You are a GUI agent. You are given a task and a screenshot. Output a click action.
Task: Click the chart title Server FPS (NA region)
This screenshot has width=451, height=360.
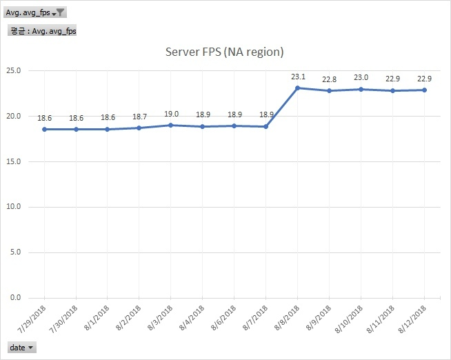[x=225, y=52]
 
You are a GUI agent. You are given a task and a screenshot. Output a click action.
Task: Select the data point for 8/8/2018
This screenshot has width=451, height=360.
[x=297, y=88]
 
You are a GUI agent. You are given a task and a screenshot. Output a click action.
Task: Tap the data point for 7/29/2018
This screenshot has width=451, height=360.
[x=43, y=129]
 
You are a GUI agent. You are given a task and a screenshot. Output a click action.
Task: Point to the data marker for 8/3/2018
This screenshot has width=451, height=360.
[x=170, y=125]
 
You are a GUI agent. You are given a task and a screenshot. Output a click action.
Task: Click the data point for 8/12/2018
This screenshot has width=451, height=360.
[x=424, y=90]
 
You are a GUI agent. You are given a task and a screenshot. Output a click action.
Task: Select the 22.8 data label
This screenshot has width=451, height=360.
[x=329, y=79]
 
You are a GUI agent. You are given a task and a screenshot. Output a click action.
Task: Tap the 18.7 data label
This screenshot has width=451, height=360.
[x=139, y=117]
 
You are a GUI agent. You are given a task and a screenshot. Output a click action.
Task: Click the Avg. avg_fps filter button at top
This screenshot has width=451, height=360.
[x=35, y=12]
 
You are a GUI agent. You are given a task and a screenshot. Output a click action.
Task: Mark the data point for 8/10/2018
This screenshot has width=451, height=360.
[x=361, y=89]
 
